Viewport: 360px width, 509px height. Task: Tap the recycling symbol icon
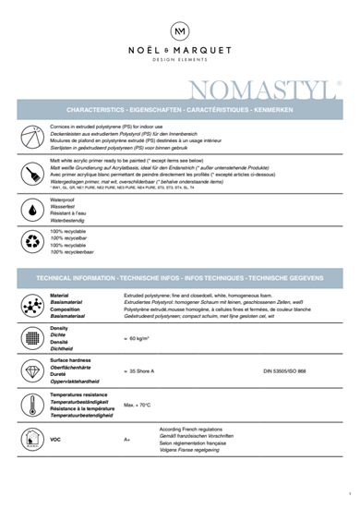tap(33, 242)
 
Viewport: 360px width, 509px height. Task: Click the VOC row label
tap(55, 439)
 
